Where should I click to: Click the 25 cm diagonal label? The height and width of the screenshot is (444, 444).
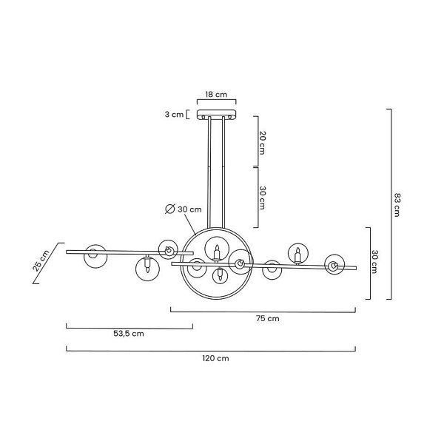[x=41, y=261]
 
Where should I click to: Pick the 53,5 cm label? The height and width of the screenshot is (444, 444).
[x=128, y=334]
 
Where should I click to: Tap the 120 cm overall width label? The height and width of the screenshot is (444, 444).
[x=215, y=358]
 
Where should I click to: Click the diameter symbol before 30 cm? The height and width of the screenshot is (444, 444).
[x=169, y=209]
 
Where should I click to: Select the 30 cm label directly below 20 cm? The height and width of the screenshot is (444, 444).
[x=263, y=195]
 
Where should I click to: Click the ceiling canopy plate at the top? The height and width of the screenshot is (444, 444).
[x=215, y=115]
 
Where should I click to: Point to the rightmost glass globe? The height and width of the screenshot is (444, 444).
[x=335, y=266]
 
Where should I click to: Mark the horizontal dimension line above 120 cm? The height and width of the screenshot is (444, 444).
[x=211, y=349]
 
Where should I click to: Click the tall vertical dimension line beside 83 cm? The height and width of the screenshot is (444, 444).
[x=390, y=203]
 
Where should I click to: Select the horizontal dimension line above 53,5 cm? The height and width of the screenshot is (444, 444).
[x=129, y=325]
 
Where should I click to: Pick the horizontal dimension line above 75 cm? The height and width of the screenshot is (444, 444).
[x=263, y=309]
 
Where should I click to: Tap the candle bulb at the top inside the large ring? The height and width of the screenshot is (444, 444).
[x=216, y=251]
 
